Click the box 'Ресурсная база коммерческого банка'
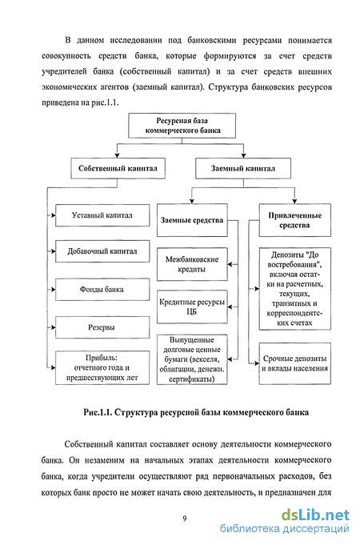pyautogui.click(x=182, y=126)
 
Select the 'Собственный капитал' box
pyautogui.click(x=118, y=169)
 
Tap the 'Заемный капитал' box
pyautogui.click(x=243, y=169)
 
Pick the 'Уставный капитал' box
pyautogui.click(x=102, y=215)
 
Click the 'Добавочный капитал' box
pyautogui.click(x=102, y=251)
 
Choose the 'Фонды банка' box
pyautogui.click(x=102, y=289)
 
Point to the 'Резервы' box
pyautogui.click(x=102, y=327)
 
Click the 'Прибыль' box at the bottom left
pyautogui.click(x=102, y=368)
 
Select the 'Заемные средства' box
pyautogui.click(x=192, y=220)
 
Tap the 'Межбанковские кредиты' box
pyautogui.click(x=192, y=264)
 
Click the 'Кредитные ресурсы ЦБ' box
pyautogui.click(x=192, y=307)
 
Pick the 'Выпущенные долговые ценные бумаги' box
pyautogui.click(x=192, y=359)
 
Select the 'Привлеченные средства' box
pyautogui.click(x=295, y=220)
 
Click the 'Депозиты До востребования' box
pyautogui.click(x=295, y=289)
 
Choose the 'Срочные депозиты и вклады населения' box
pyautogui.click(x=295, y=363)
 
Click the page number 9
pyautogui.click(x=185, y=519)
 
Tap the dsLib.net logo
pyautogui.click(x=315, y=515)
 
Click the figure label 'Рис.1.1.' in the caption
pyautogui.click(x=98, y=413)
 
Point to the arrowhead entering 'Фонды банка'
pyautogui.click(x=53, y=289)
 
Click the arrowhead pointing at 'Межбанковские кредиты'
pyautogui.click(x=230, y=265)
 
